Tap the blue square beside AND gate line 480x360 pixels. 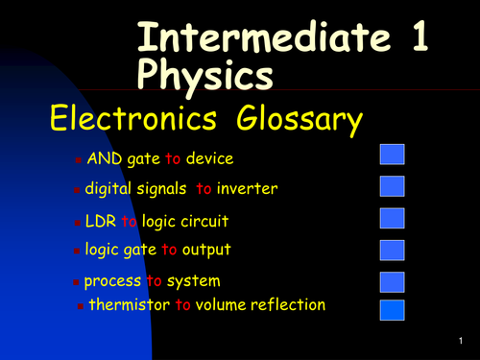(393, 155)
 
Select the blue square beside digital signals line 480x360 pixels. (393, 185)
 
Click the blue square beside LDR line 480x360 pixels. (393, 218)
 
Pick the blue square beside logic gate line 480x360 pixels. (393, 251)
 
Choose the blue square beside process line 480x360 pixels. (393, 281)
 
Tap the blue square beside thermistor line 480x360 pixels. (393, 309)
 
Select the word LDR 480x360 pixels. (101, 222)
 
